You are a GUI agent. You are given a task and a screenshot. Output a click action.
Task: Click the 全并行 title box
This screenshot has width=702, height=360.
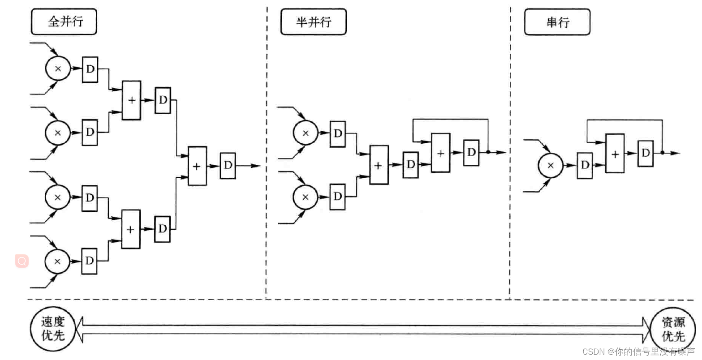(x=64, y=21)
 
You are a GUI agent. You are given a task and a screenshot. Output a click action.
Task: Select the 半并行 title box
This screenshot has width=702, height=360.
(x=313, y=21)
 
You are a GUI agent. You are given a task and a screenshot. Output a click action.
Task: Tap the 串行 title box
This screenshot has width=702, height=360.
(x=557, y=22)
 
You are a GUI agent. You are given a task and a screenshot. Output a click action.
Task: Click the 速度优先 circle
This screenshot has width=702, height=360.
(x=53, y=329)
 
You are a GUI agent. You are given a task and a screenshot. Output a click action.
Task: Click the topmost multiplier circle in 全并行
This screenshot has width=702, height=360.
(x=58, y=69)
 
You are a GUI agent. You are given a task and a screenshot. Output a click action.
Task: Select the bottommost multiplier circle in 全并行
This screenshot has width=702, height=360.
(x=57, y=261)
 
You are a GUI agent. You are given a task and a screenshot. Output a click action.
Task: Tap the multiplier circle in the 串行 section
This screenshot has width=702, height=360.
(x=550, y=165)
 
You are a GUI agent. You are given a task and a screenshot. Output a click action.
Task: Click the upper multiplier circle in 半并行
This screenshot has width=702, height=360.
(x=306, y=133)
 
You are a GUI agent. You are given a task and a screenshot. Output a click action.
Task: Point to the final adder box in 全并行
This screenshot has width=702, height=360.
(x=197, y=166)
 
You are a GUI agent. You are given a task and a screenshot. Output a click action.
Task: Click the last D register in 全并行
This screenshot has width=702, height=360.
(x=228, y=165)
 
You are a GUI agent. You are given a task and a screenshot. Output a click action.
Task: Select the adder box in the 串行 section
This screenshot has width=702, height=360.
(x=615, y=154)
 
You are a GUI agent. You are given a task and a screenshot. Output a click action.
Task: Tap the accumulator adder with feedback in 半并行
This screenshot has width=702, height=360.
(x=440, y=153)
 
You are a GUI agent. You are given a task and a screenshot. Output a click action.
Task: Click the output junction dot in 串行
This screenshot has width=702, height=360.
(x=662, y=153)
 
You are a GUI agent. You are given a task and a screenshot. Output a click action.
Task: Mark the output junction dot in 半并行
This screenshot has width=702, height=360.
(x=488, y=152)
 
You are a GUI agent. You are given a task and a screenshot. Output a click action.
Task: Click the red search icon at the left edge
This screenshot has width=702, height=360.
(x=22, y=261)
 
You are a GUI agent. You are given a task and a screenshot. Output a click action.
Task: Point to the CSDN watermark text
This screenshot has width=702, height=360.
(x=638, y=351)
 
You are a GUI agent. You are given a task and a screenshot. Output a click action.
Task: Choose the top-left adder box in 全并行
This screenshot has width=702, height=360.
(x=131, y=100)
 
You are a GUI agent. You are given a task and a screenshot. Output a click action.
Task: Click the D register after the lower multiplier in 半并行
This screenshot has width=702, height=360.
(x=338, y=196)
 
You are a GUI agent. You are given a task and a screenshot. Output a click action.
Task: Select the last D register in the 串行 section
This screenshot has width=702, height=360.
(x=645, y=153)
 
